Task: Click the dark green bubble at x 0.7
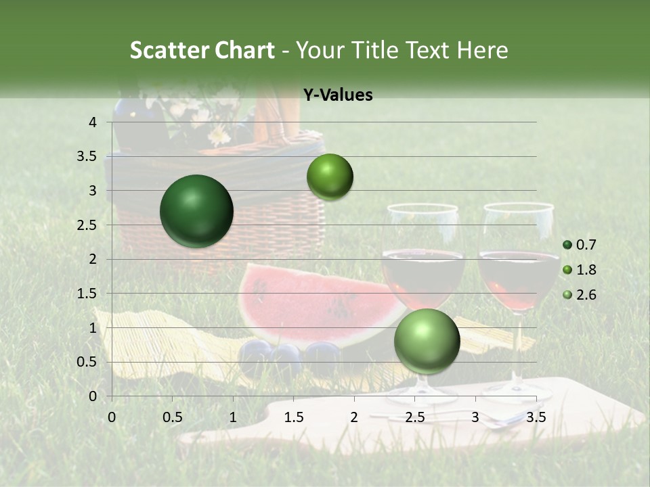(x=196, y=211)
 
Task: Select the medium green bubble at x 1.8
(x=330, y=177)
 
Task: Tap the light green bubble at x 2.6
(x=427, y=341)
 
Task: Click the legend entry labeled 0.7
(x=580, y=245)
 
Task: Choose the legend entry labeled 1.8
(x=580, y=270)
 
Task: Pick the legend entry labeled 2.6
(x=580, y=295)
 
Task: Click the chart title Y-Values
(x=337, y=95)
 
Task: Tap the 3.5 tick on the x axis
(x=536, y=417)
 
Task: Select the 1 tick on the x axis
(x=233, y=417)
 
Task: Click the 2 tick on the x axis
(x=354, y=417)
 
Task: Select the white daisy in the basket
(x=219, y=136)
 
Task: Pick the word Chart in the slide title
(x=243, y=50)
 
